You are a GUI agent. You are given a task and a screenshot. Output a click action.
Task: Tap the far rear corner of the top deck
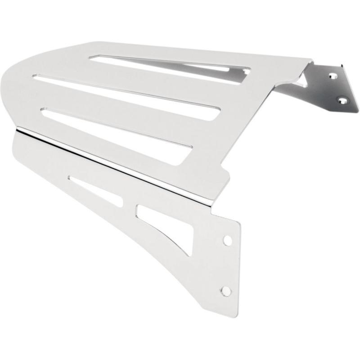pyautogui.click(x=310, y=61)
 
